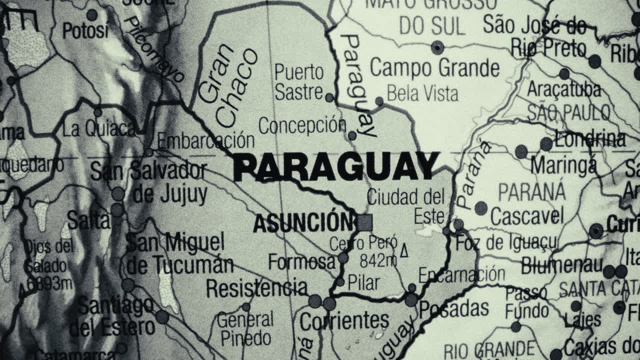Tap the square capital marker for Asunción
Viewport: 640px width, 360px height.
pos(365,222)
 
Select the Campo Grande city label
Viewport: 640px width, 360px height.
pos(434,68)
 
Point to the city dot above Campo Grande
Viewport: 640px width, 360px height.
pos(437,47)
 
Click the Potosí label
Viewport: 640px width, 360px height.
pos(85,31)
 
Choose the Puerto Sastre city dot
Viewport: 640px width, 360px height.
pos(329,97)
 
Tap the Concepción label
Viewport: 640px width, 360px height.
pos(302,125)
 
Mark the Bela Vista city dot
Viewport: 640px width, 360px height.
pos(379,101)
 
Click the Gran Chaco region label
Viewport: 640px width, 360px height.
pos(227,85)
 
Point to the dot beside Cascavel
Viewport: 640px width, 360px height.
pos(481,208)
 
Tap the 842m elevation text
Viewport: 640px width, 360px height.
pos(378,260)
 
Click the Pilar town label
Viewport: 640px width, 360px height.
pos(363,282)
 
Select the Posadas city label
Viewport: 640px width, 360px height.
pos(454,309)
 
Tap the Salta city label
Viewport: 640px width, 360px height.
pos(88,219)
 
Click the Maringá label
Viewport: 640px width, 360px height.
pos(563,164)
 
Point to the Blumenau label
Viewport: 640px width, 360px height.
pos(561,265)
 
